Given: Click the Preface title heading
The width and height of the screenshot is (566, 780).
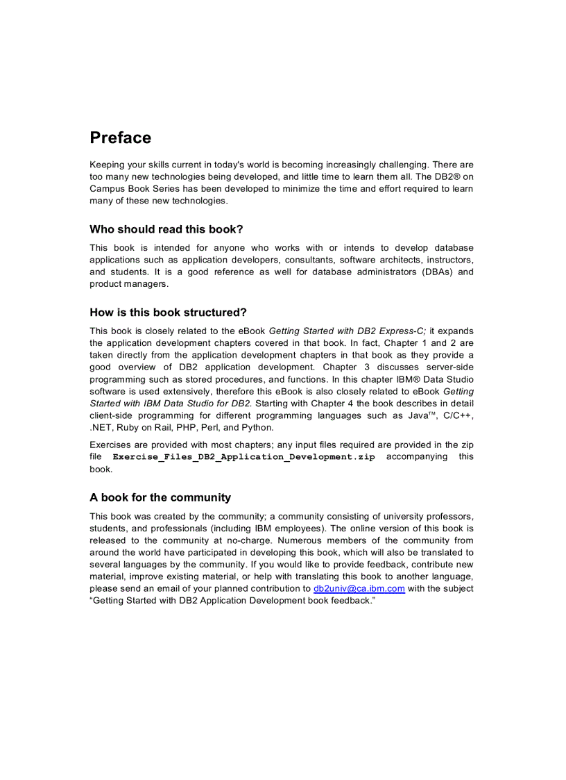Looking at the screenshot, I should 120,138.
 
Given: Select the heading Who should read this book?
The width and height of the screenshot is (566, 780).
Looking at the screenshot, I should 166,229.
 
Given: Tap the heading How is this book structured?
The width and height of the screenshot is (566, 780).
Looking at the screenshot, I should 168,313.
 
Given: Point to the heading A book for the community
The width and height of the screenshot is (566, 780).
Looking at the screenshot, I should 160,497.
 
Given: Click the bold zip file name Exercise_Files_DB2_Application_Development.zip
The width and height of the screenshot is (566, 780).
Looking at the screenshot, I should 243,457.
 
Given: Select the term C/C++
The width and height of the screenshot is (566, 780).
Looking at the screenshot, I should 458,415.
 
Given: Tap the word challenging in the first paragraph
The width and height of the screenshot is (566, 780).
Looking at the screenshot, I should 398,165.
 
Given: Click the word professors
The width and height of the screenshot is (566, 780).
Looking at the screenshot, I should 449,516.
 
